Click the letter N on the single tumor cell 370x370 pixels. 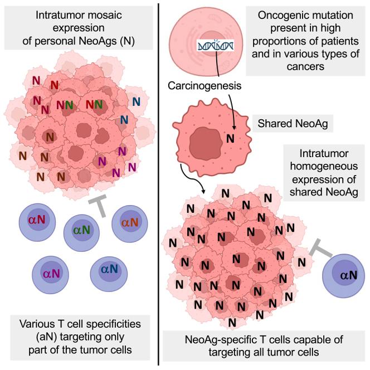[230, 137]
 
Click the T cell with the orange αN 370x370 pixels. [130, 223]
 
